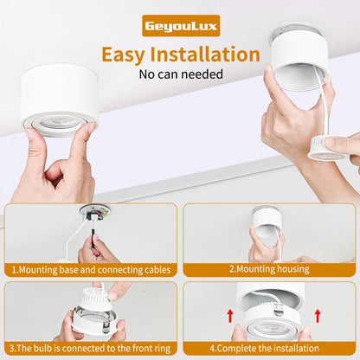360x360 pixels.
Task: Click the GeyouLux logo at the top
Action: [181, 25]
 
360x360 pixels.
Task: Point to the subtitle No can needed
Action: [180, 74]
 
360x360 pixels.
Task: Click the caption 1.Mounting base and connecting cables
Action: [90, 269]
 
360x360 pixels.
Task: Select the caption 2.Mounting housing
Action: [269, 269]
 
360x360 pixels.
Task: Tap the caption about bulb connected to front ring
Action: [90, 348]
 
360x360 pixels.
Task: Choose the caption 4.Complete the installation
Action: [269, 348]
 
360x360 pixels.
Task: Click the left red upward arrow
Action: [231, 315]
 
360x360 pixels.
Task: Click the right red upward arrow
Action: [319, 315]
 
